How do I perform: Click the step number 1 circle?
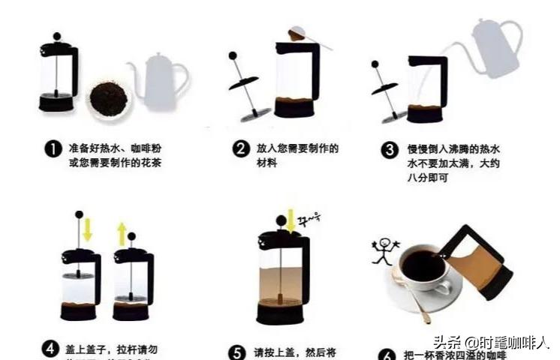[53, 149]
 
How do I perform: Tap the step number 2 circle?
[241, 148]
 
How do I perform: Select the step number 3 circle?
[390, 148]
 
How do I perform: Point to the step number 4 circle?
[50, 349]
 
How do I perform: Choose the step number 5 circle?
[237, 351]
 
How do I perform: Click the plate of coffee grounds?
[109, 97]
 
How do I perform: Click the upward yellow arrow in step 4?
[122, 233]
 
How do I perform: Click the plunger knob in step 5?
[282, 222]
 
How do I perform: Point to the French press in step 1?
[58, 75]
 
